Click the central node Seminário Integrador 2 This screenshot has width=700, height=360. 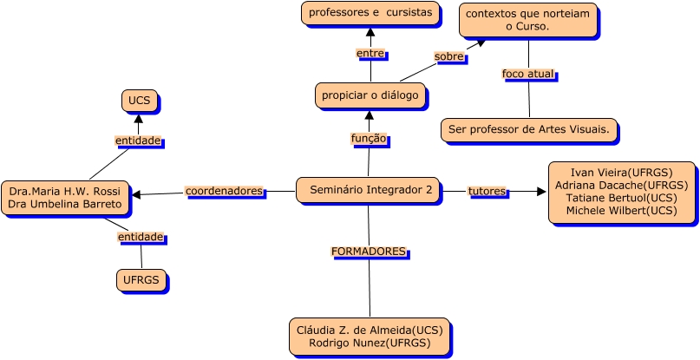pyautogui.click(x=368, y=190)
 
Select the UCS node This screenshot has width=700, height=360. pyautogui.click(x=139, y=101)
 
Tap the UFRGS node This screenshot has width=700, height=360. pyautogui.click(x=141, y=280)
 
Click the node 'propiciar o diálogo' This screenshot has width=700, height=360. pyautogui.click(x=370, y=95)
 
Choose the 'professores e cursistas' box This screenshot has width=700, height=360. pyautogui.click(x=370, y=13)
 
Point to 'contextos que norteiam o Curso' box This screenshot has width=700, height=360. pyautogui.click(x=527, y=20)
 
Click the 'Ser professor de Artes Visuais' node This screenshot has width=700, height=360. pyautogui.click(x=529, y=130)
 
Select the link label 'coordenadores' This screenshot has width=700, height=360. pyautogui.click(x=224, y=191)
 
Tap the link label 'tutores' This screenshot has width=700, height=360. pyautogui.click(x=487, y=191)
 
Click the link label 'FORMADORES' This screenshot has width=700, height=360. pyautogui.click(x=368, y=252)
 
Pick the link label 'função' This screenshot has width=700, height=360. pyautogui.click(x=368, y=139)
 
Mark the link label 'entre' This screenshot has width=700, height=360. pyautogui.click(x=370, y=54)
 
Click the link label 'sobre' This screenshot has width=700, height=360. pyautogui.click(x=449, y=56)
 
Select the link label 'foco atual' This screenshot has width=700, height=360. pyautogui.click(x=527, y=74)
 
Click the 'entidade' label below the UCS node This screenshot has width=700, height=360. pyautogui.click(x=139, y=141)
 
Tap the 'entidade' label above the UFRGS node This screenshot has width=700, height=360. pyautogui.click(x=141, y=237)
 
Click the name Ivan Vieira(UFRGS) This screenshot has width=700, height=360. pyautogui.click(x=621, y=173)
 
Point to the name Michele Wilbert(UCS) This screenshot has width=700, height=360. pyautogui.click(x=621, y=210)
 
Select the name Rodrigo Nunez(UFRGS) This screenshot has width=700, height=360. pyautogui.click(x=370, y=344)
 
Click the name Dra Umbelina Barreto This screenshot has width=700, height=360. pyautogui.click(x=65, y=205)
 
